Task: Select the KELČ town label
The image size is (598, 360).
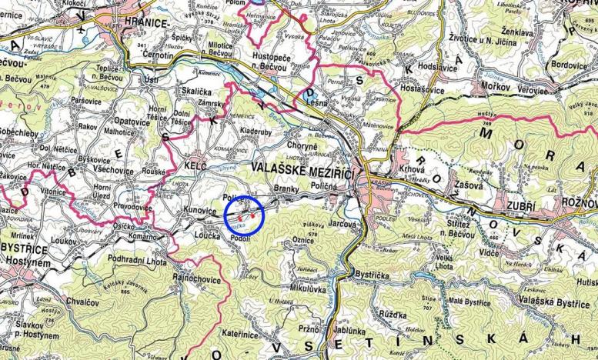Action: pos(195,165)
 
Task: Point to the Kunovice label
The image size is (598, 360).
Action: pos(204,209)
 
